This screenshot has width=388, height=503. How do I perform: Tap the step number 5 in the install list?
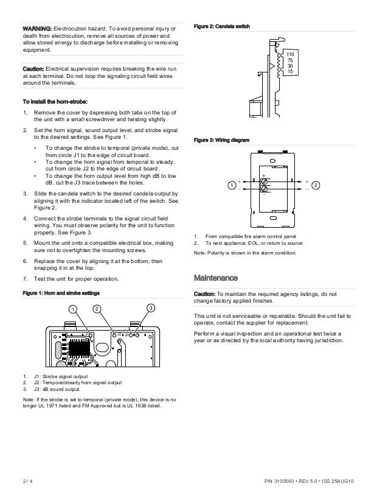coord(25,242)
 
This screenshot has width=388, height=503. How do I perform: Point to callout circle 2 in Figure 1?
coord(96,308)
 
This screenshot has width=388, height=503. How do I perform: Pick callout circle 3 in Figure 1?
coord(151,308)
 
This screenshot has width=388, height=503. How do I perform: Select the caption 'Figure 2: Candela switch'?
coord(221,26)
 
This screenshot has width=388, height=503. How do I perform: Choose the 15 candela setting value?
coord(290,72)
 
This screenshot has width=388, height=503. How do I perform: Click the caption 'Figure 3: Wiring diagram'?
coord(221,140)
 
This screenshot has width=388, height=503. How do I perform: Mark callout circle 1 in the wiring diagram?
coord(232,184)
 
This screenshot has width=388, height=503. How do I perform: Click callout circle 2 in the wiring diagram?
coord(316,184)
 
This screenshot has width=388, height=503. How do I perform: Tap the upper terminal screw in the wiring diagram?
coord(264,181)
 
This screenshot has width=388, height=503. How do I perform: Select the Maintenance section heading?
coord(215,278)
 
